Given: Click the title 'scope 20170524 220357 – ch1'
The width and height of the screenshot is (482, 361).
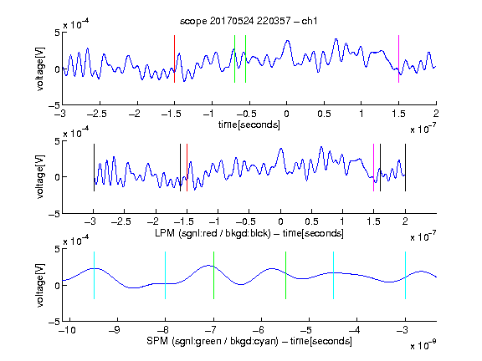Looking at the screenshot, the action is click(249, 21).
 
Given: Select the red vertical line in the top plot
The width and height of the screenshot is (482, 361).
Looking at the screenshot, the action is click(174, 59).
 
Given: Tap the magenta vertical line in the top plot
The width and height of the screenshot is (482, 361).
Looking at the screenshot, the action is click(398, 59).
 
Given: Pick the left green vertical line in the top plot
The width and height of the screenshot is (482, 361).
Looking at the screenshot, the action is click(234, 59).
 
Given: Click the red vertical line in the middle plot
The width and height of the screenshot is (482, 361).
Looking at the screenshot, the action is click(187, 168).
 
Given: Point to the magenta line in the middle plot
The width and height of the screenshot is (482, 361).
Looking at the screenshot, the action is click(373, 168).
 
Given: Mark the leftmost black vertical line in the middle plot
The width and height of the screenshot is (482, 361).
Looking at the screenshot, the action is click(94, 168).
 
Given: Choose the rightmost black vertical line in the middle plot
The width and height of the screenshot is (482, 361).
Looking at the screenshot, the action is click(405, 168).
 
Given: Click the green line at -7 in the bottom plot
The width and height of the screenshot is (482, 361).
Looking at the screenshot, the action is click(213, 276).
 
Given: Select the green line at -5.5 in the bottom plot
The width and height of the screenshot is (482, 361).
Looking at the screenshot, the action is click(285, 276).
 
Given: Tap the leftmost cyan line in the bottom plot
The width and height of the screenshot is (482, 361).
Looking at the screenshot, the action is click(94, 276).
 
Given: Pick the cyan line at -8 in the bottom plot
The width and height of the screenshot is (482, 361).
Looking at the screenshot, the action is click(165, 276).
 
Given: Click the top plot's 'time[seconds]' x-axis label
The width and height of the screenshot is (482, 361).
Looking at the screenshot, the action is click(249, 125).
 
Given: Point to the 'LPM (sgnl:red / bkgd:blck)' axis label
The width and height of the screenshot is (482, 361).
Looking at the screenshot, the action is click(213, 233).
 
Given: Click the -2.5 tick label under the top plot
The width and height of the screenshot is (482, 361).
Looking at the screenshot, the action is click(97, 114).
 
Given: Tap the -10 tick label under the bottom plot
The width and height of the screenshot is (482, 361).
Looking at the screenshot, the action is click(67, 330).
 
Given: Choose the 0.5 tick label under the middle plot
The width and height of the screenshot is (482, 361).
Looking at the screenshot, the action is click(311, 221).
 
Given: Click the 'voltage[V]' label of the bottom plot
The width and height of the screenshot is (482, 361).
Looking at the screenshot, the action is click(40, 285).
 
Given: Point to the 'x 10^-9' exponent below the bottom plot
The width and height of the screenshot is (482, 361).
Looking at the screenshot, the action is click(423, 345).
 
